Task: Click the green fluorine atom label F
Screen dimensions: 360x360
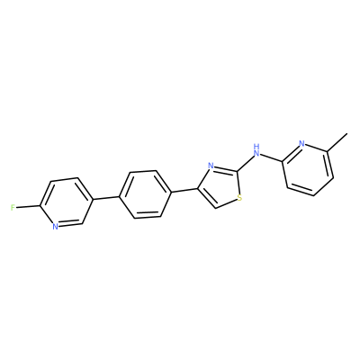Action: tap(13, 208)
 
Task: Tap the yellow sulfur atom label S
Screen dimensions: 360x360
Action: tap(239, 198)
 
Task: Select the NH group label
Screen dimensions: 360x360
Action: tap(256, 150)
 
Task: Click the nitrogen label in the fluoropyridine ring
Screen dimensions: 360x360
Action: tap(55, 226)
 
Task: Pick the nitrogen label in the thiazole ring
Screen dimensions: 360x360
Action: tap(211, 166)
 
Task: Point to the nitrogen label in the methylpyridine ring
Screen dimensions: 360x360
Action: tap(301, 143)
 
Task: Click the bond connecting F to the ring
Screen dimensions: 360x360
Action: tap(28, 207)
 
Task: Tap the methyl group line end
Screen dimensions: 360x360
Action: tap(347, 133)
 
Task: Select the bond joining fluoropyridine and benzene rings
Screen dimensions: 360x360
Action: tap(105, 198)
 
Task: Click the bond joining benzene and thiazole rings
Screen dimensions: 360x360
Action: tap(184, 190)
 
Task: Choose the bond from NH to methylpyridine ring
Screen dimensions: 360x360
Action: tap(271, 158)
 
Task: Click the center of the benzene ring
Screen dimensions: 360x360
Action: tap(146, 194)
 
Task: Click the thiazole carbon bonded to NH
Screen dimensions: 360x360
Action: tap(238, 171)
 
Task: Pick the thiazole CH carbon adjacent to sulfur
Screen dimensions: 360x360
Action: tap(215, 208)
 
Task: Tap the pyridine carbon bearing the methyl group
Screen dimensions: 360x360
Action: tap(328, 151)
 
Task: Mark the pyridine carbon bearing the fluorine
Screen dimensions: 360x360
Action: tap(40, 206)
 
